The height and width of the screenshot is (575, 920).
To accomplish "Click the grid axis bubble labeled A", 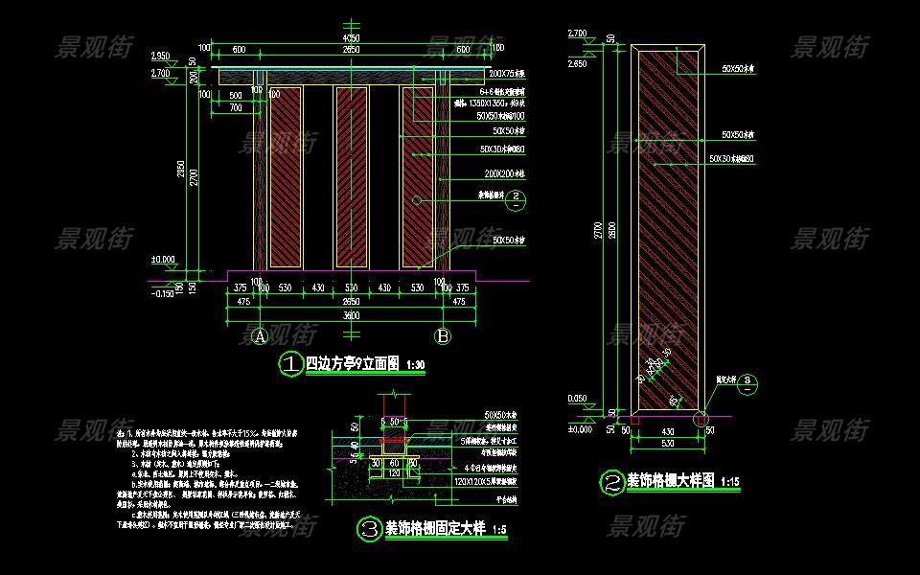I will (x=259, y=336).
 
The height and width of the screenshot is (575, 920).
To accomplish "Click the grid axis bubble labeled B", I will (x=443, y=336).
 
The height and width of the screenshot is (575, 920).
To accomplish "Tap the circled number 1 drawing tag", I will (x=289, y=363).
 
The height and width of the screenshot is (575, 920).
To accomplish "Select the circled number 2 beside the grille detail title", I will (x=611, y=482).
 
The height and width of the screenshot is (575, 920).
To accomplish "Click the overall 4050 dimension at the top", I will (x=351, y=38).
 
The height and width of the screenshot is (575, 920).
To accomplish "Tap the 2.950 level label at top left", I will (x=159, y=56).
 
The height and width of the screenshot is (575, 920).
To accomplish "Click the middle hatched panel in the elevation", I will (x=351, y=176).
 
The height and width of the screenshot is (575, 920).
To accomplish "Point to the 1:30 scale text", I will (x=415, y=366).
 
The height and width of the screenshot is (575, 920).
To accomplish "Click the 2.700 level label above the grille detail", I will (x=578, y=34).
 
